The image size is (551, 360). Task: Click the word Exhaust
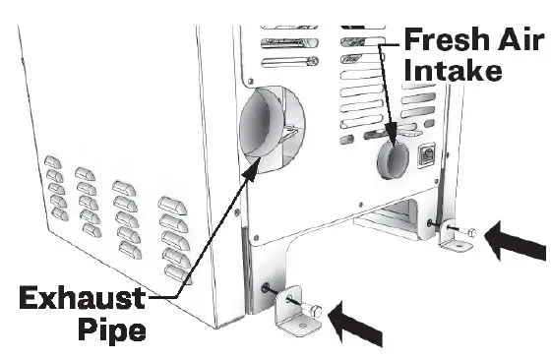(x=74, y=297)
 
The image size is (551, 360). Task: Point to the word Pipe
(x=111, y=329)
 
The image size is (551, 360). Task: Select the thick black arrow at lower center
(x=359, y=320)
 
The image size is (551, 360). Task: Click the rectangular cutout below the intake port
(x=394, y=213)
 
